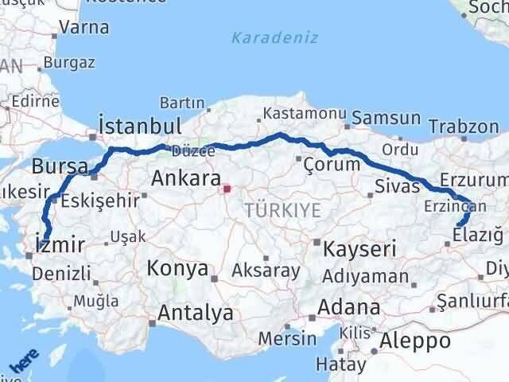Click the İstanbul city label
coord(139,127)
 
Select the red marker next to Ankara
coord(226,189)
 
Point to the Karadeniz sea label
coord(274,37)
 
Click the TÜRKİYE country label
coord(283,210)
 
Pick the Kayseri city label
coord(360,249)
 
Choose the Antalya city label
coord(196,313)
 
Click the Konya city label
coord(177,269)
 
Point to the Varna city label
coord(84,27)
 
